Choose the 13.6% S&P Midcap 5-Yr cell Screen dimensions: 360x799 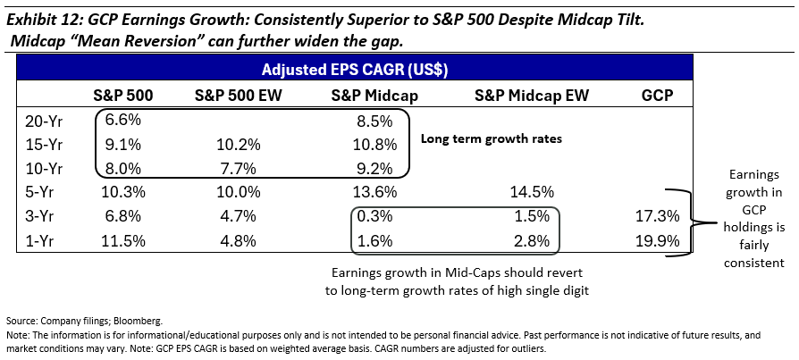376,191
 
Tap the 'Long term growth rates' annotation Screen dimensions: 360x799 492,140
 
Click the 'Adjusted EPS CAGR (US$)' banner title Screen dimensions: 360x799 355,70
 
